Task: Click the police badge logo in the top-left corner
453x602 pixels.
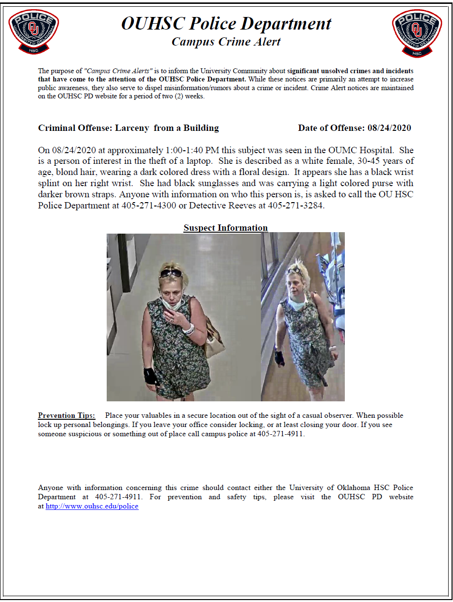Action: coord(33,32)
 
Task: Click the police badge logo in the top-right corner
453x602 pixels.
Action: coord(417,32)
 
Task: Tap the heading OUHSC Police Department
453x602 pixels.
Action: coord(226,23)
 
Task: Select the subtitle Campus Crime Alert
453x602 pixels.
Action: coord(226,42)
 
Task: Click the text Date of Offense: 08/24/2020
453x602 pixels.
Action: coord(355,128)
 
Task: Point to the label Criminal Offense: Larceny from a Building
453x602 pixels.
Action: coord(129,128)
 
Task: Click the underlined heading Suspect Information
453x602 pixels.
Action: coord(226,228)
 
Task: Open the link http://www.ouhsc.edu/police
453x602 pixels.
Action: coord(92,506)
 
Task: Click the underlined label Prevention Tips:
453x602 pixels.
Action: coord(67,415)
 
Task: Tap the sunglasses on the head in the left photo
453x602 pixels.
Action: coord(171,273)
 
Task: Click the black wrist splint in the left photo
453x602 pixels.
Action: coord(150,376)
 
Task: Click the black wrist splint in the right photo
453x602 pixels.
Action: coord(280,358)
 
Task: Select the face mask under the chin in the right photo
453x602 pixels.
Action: coord(296,304)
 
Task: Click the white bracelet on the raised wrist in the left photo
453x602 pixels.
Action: coord(188,329)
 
